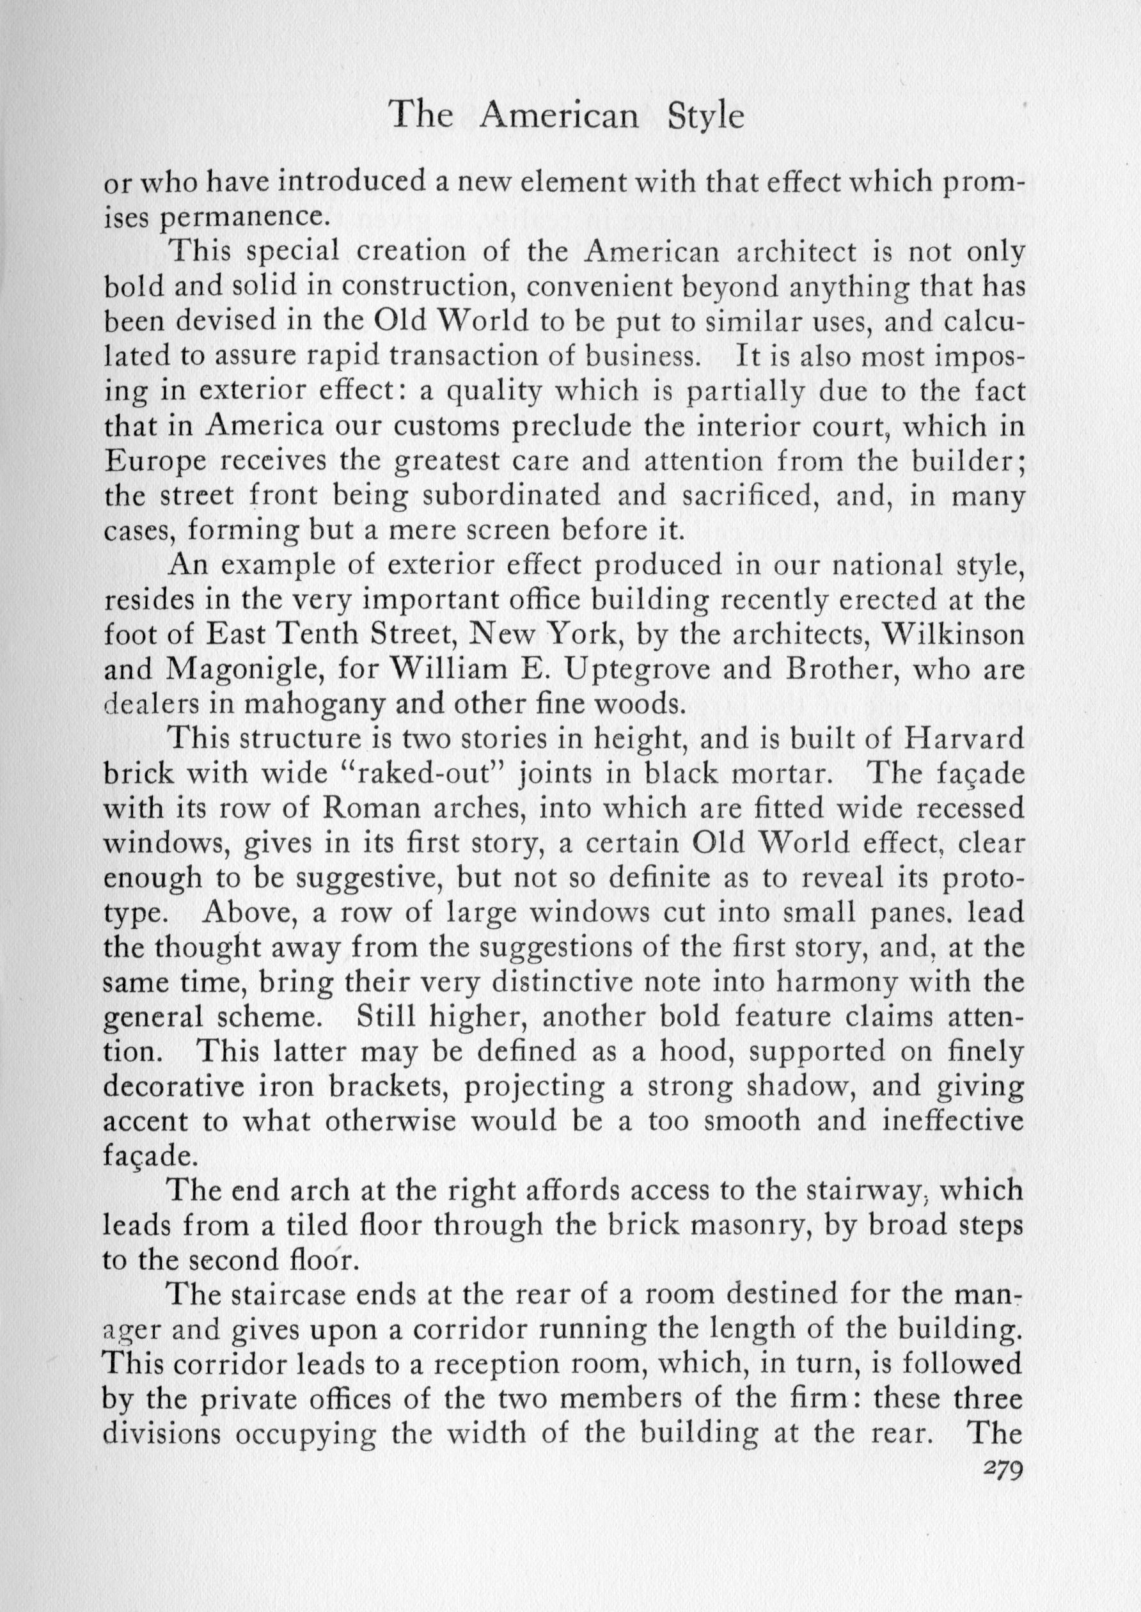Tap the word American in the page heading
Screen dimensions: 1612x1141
[558, 116]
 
